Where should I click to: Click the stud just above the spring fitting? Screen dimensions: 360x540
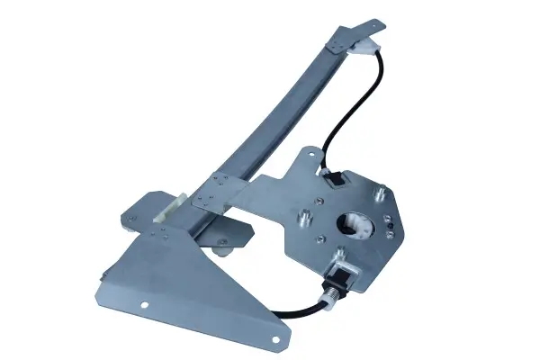tap(341, 254)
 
